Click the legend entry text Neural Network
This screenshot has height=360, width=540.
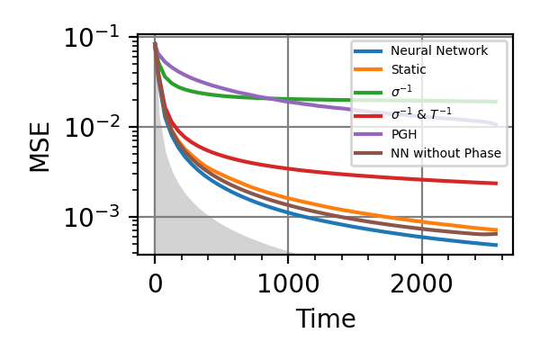click(438, 51)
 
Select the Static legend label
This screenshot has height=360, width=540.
click(409, 69)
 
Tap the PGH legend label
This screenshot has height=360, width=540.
click(403, 134)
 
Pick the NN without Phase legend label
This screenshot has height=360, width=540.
click(445, 154)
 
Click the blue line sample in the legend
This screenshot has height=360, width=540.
click(369, 51)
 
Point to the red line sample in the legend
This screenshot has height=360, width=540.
click(369, 113)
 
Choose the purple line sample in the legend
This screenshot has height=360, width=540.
click(369, 134)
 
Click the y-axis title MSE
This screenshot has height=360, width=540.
click(40, 146)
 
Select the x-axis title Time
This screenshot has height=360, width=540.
click(325, 319)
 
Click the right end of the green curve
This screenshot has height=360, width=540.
click(497, 102)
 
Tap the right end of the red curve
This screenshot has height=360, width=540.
click(497, 184)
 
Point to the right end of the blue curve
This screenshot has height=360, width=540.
click(497, 245)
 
